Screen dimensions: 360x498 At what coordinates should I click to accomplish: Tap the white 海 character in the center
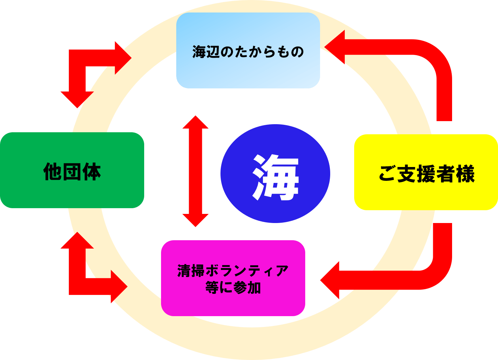276,177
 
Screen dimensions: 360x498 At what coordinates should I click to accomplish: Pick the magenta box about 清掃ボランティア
233,304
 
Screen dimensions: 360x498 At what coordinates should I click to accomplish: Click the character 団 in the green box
72,171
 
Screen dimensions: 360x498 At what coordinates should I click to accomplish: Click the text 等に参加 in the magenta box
233,288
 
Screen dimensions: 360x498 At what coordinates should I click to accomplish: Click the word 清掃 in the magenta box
191,271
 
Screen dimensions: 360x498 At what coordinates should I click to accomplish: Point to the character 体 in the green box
91,171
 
